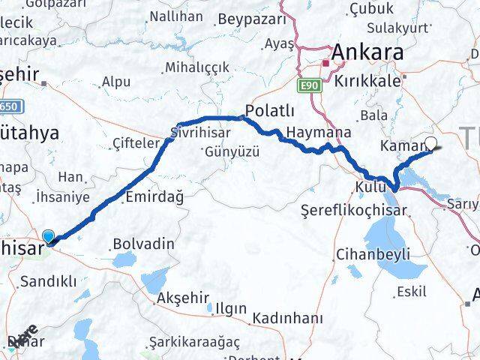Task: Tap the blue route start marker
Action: click(x=49, y=236)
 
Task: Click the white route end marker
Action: click(x=431, y=142)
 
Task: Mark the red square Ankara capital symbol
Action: click(x=325, y=63)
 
